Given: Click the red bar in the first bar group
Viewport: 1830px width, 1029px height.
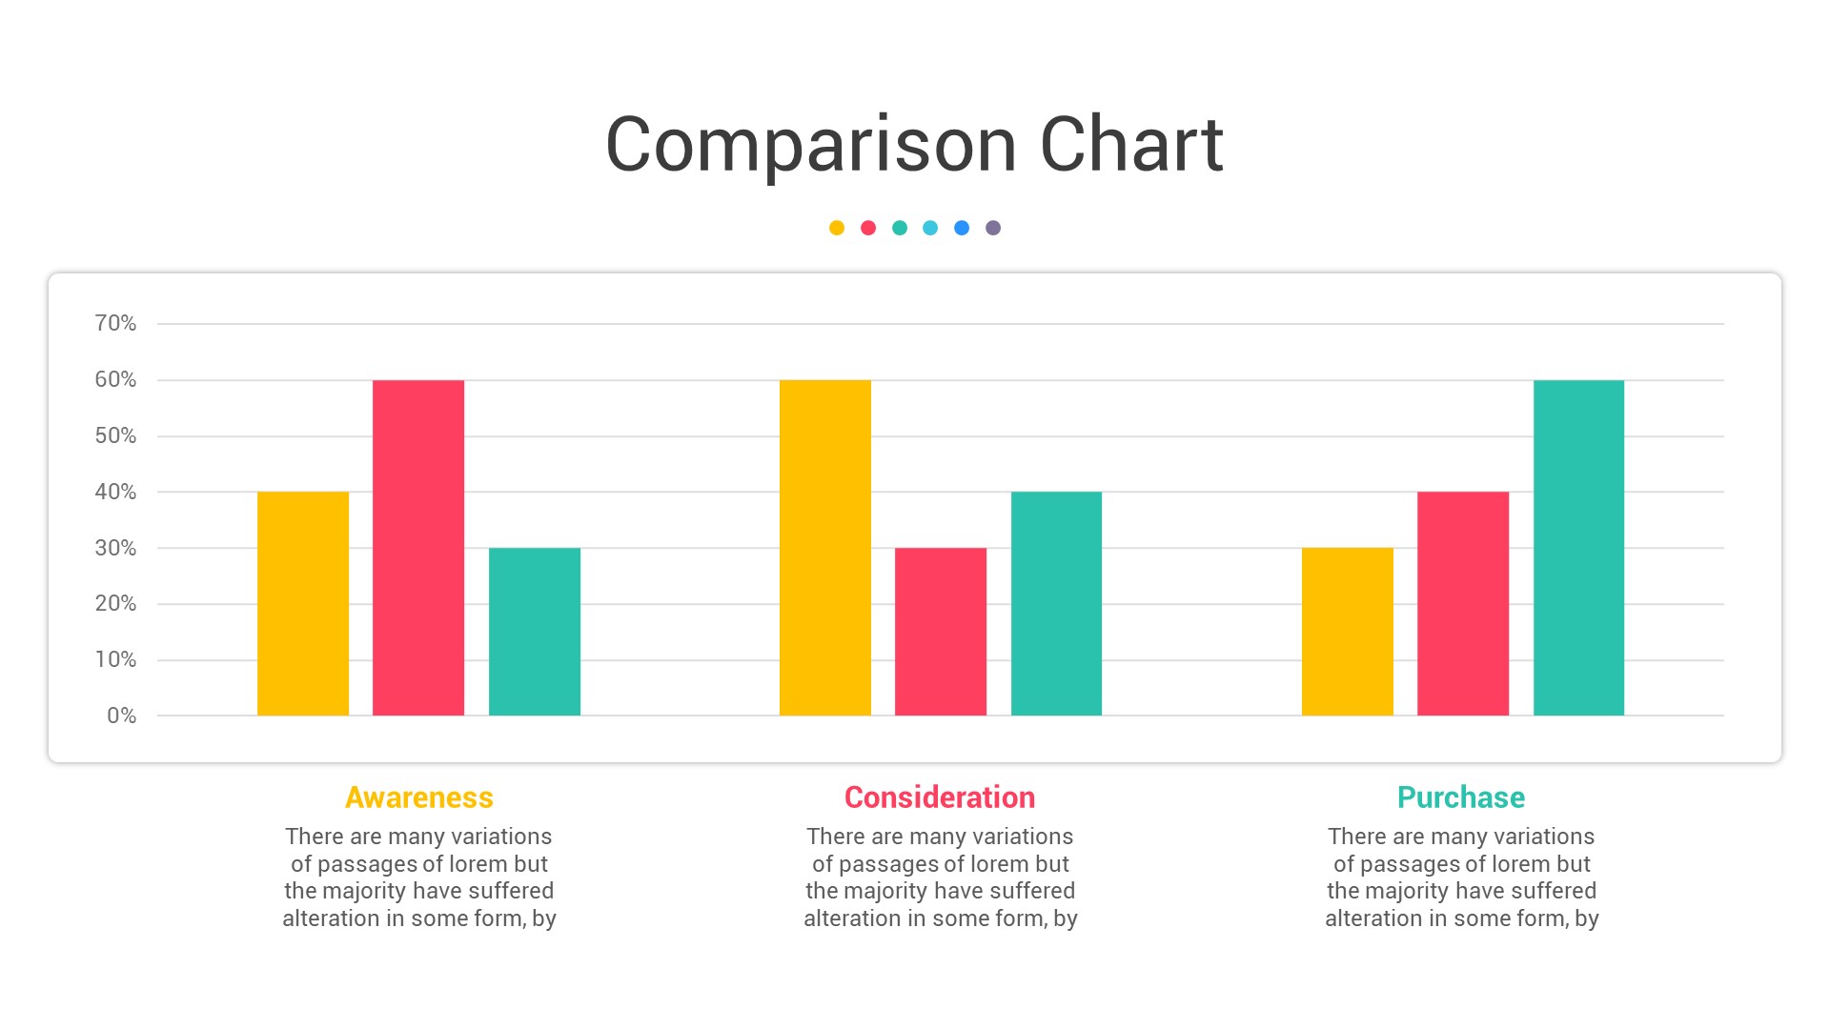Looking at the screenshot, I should pos(418,548).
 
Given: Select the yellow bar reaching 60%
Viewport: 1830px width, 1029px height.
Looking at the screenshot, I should pos(824,548).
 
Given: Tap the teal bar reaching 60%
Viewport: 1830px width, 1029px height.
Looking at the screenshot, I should pos(1578,548).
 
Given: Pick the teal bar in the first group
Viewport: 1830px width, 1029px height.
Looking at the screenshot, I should pos(534,632).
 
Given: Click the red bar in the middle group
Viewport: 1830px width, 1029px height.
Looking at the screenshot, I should pos(941,632).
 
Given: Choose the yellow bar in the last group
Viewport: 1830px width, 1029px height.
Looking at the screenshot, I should pos(1347,632).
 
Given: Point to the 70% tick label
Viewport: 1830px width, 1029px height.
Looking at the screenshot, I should pos(115,323).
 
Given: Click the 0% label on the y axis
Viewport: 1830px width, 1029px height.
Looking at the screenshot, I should pos(121,716).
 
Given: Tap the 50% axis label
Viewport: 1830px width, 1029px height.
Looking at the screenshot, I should pos(115,435).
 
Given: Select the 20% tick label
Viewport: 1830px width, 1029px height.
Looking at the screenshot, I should pos(115,603).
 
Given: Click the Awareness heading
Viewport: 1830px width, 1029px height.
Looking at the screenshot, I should pos(419,797).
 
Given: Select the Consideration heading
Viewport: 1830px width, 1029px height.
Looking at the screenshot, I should pos(940,797).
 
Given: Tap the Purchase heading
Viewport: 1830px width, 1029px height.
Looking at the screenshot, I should pos(1461,797).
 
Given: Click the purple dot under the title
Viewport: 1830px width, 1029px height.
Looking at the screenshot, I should pos(993,228).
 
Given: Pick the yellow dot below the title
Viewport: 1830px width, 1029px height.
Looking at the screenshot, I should pos(837,228).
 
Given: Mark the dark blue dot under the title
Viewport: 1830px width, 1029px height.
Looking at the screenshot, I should pos(962,228).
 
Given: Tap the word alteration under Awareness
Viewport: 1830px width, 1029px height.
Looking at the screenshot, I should pos(331,918).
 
